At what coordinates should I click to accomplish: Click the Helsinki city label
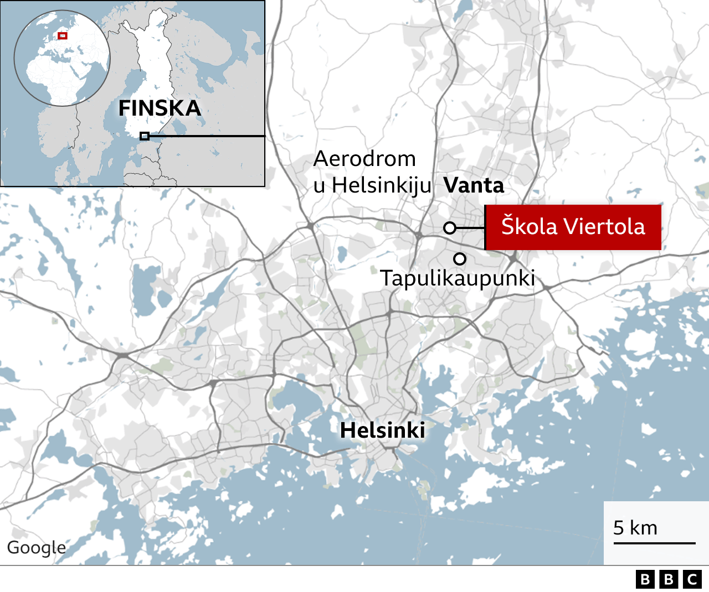tap(383, 430)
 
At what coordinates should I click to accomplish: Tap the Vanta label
tap(474, 185)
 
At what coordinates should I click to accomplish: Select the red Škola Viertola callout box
tap(573, 227)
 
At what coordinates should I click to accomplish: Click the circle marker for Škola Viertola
tap(450, 228)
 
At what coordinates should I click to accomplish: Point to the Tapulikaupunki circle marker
tap(460, 258)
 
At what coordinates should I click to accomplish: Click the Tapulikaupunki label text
tap(457, 278)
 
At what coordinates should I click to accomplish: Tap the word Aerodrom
tap(364, 159)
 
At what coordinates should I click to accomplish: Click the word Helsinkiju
tap(381, 185)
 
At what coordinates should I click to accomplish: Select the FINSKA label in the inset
tap(160, 108)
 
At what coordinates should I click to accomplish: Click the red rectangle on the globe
tap(63, 36)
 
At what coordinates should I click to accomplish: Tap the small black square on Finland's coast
tap(144, 136)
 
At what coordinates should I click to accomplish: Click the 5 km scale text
tap(635, 528)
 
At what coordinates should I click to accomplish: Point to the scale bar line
tap(654, 543)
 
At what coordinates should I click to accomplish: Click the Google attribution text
tap(36, 547)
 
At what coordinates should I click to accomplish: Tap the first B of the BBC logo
tap(645, 579)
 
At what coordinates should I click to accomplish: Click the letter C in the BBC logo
tap(692, 579)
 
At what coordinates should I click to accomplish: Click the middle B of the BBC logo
tap(669, 579)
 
